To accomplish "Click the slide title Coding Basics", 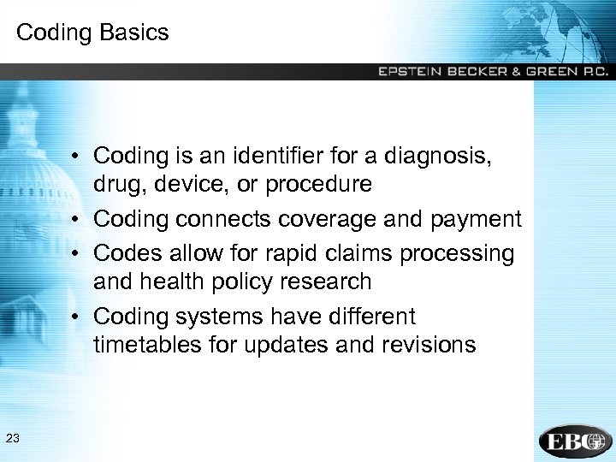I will [92, 33].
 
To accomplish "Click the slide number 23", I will [12, 439].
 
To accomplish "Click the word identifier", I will [251, 156].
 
